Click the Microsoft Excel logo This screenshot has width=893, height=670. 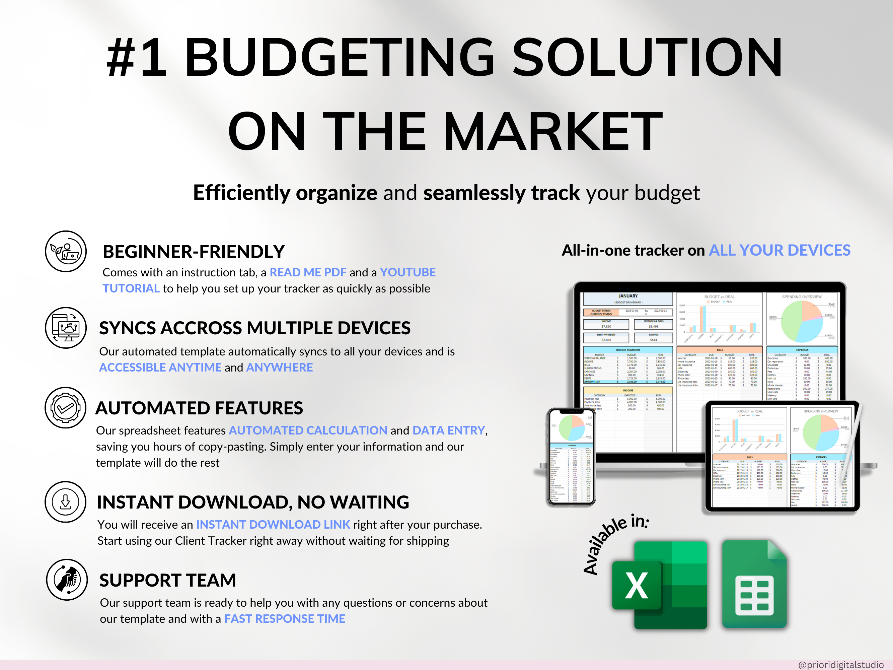(660, 585)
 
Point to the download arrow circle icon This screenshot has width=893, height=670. (65, 502)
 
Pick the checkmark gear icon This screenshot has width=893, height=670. (65, 408)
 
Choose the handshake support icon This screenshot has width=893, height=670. (67, 580)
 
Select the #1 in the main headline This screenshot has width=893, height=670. (137, 57)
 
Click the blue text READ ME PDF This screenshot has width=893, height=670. (308, 273)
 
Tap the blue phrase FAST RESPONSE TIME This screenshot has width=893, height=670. (285, 619)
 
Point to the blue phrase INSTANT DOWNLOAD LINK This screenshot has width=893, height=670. (273, 525)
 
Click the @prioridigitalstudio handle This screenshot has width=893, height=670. (840, 664)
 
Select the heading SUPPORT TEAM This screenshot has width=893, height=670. (167, 580)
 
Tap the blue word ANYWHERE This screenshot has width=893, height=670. (279, 367)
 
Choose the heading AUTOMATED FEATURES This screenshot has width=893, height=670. (199, 408)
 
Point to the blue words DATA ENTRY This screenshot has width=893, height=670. (448, 430)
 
